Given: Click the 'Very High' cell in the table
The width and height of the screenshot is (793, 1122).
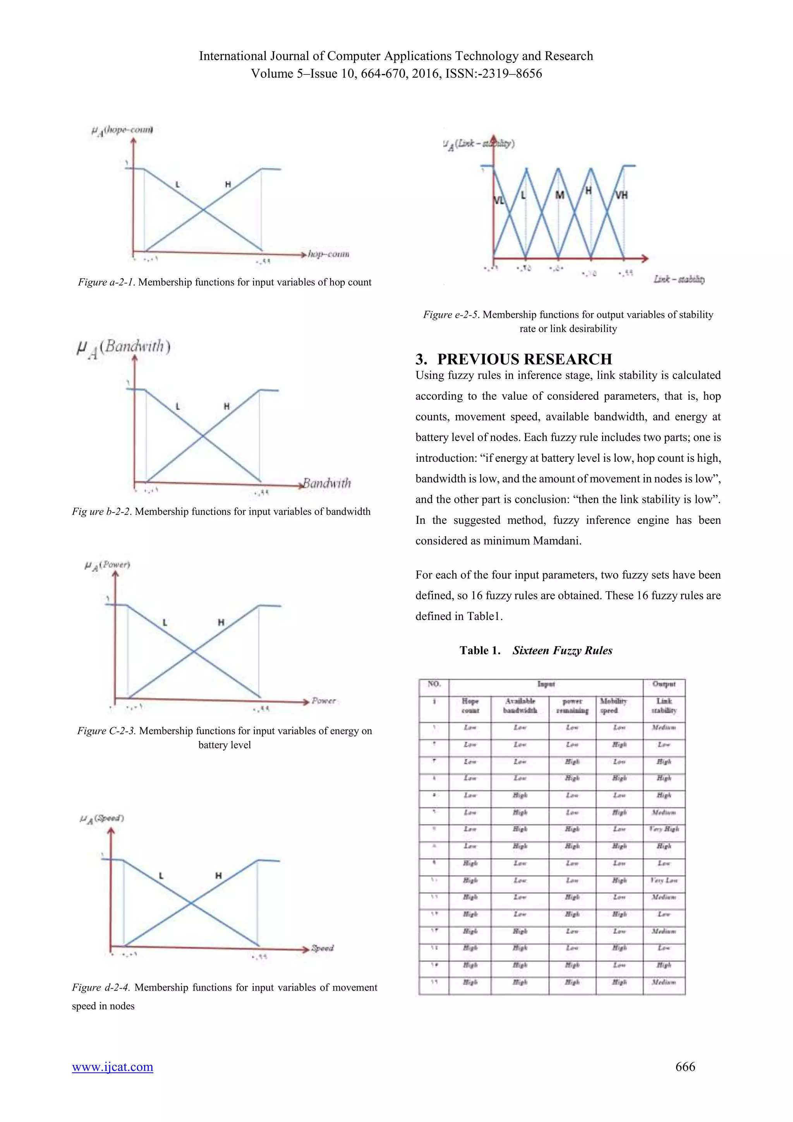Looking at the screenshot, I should [664, 829].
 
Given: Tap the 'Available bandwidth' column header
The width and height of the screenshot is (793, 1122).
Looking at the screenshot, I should [520, 706].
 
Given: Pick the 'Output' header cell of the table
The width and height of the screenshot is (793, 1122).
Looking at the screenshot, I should [664, 684].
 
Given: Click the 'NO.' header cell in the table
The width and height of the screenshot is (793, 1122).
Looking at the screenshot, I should [434, 684].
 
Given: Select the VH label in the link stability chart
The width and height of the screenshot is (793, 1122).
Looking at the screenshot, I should [621, 196].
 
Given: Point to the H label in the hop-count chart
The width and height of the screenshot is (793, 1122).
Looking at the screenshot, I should [228, 184].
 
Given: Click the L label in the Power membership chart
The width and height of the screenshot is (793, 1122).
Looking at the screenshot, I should [165, 623].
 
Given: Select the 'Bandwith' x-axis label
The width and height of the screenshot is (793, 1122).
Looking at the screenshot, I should [327, 483].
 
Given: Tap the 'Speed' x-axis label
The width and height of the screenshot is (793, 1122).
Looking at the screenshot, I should [323, 948].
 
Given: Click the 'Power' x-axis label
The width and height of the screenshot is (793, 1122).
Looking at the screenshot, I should [324, 701].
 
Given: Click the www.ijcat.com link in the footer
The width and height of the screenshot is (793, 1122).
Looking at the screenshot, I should [112, 1066].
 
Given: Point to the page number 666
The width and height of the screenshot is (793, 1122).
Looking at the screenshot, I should [685, 1066].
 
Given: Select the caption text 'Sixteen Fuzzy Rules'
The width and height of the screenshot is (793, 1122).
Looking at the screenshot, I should [562, 650].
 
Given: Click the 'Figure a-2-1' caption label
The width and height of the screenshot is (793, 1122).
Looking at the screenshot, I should [106, 282].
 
